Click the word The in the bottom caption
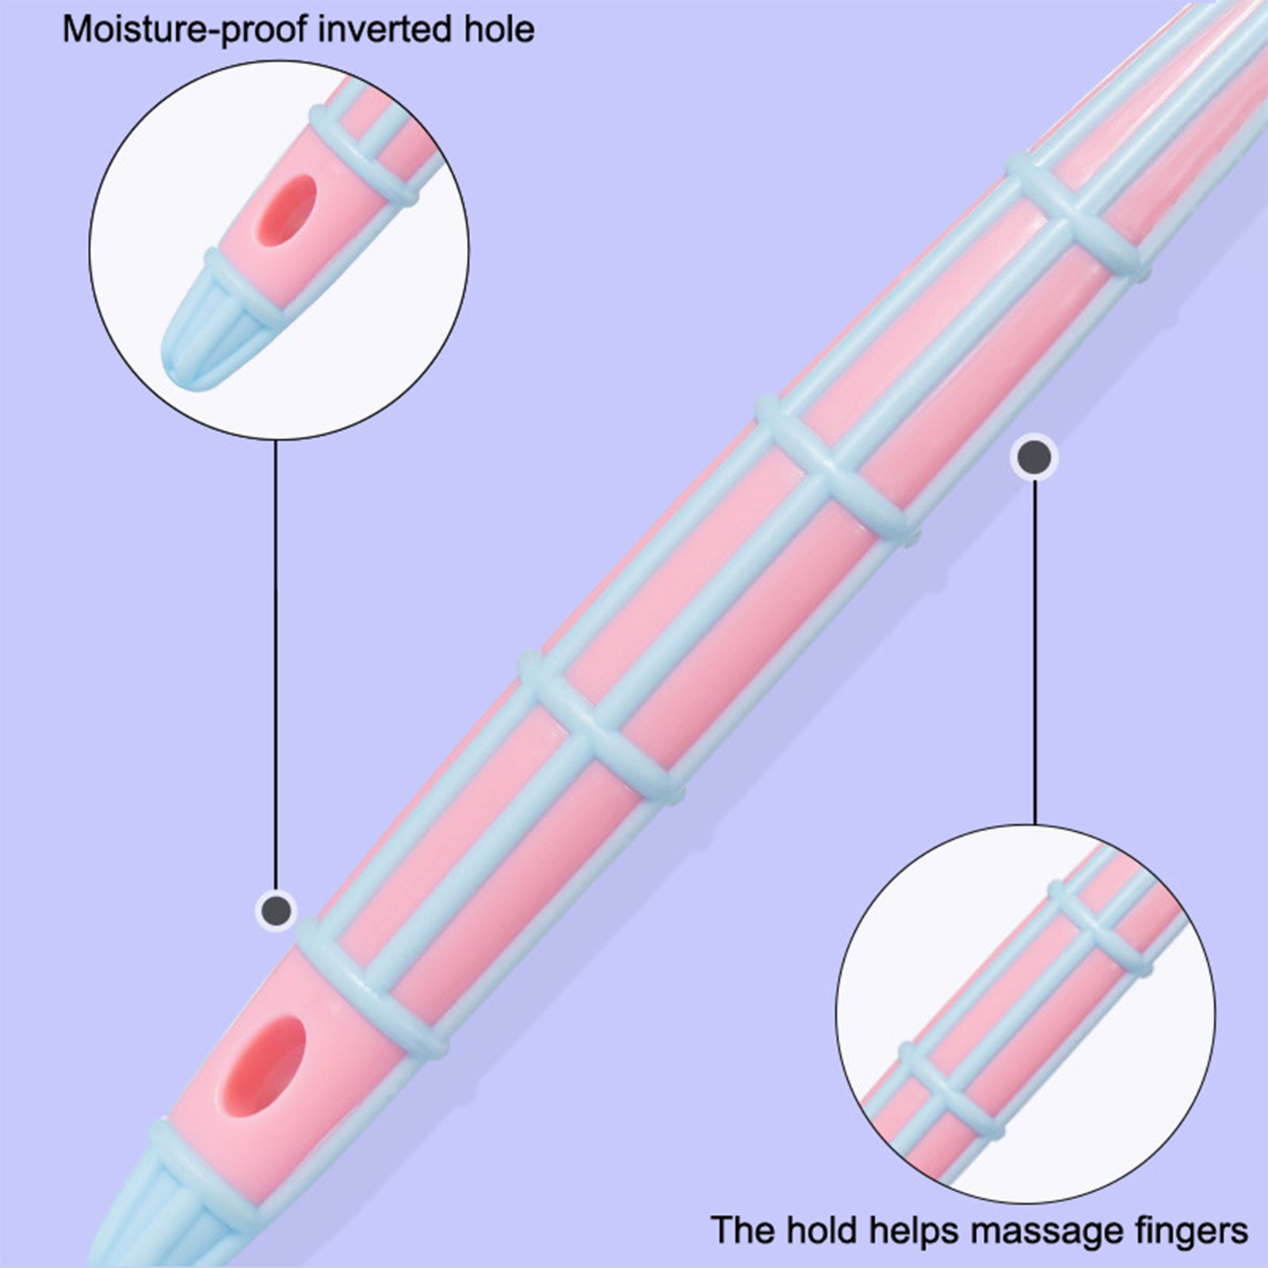click(x=743, y=1231)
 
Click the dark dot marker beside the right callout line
click(x=1034, y=457)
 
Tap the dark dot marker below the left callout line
click(x=276, y=908)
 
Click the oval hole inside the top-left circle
click(x=285, y=210)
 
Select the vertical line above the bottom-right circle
click(x=1034, y=650)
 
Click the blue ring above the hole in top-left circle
click(x=365, y=155)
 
